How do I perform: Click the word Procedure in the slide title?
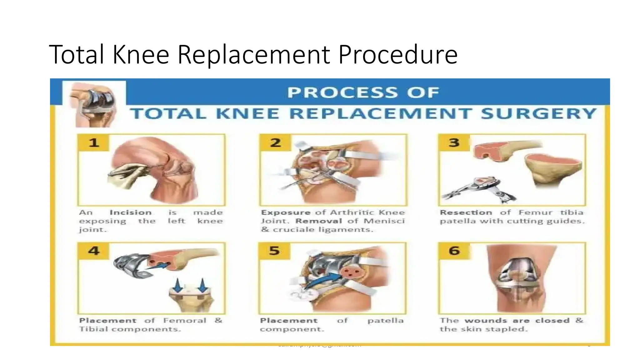click(x=398, y=55)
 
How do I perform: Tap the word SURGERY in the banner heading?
click(x=538, y=114)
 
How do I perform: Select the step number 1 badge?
click(x=94, y=143)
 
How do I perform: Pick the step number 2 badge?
click(x=275, y=143)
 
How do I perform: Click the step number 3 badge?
click(x=454, y=143)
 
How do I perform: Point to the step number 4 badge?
click(x=94, y=251)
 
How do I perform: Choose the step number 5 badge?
click(x=274, y=251)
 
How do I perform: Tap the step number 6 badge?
click(x=454, y=251)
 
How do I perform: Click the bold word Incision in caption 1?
click(x=131, y=212)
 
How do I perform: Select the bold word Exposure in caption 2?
click(x=286, y=212)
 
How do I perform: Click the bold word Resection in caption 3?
click(x=466, y=212)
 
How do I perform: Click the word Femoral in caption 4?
click(x=185, y=321)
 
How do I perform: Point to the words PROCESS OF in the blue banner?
click(x=363, y=92)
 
